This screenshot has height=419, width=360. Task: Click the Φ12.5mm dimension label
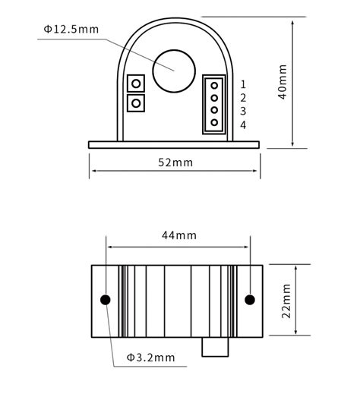point(71,29)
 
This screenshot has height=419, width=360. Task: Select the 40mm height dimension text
point(283,82)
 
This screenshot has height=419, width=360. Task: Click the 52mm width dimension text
point(175,162)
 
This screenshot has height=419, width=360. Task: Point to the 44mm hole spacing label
point(178,235)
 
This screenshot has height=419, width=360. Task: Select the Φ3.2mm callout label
point(150,357)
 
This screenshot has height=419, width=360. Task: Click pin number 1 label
point(243,84)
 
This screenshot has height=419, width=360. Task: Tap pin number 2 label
point(243,98)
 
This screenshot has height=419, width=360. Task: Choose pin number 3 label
point(243,111)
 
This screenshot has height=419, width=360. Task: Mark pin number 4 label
point(243,124)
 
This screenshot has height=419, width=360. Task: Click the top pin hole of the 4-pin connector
point(214,85)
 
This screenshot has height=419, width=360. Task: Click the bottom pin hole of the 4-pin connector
point(214,122)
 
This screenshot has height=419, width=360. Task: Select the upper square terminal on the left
point(137,83)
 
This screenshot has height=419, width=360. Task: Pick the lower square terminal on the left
point(137,102)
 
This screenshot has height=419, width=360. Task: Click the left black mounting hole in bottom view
point(106,300)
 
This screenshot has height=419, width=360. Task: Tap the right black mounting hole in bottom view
point(249,300)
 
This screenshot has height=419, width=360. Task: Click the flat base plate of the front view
point(174,144)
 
